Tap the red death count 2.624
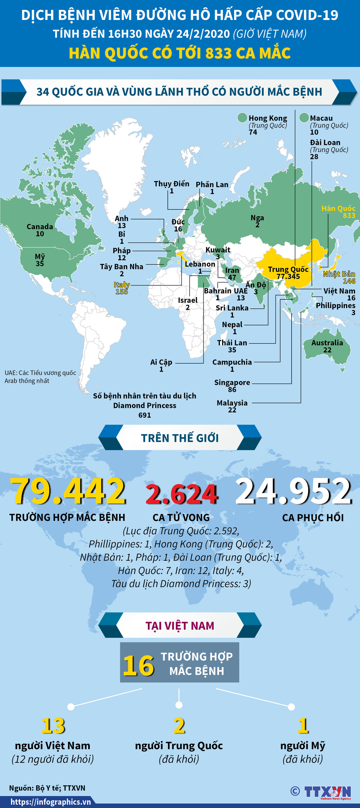[x=182, y=494]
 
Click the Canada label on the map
[x=40, y=227]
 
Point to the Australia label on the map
[x=327, y=343]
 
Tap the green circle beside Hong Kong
[x=242, y=118]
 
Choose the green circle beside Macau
[x=304, y=118]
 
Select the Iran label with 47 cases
[x=232, y=270]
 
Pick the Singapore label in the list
[x=232, y=383]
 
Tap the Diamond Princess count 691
[x=145, y=415]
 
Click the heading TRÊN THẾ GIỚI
[x=180, y=438]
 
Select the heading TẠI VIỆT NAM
[x=180, y=626]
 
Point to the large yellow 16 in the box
[x=138, y=666]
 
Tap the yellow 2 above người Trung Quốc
[x=179, y=725]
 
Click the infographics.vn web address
[x=50, y=802]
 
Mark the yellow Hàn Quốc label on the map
[x=338, y=209]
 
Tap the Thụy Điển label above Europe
[x=171, y=184]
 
